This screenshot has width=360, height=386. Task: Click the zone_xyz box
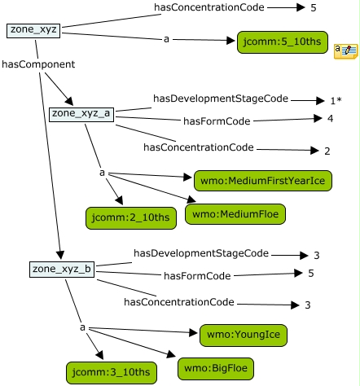coord(33,30)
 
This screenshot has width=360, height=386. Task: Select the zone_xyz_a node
coord(81,114)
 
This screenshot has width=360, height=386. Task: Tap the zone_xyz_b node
coord(62,270)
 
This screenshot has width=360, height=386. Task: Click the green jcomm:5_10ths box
coord(283,42)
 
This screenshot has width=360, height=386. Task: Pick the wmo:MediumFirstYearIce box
coord(263,181)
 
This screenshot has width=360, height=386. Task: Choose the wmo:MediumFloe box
coord(235,214)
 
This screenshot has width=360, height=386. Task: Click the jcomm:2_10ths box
coord(131,218)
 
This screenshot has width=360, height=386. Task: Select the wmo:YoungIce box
coord(244,335)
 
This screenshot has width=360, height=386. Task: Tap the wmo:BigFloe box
coord(216,369)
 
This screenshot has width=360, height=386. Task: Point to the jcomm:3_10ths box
coord(112,372)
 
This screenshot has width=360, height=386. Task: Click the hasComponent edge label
coord(38,64)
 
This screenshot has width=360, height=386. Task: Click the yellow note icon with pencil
coord(346,50)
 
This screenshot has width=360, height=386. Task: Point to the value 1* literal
coord(336,101)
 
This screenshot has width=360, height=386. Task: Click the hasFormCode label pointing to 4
coord(217,121)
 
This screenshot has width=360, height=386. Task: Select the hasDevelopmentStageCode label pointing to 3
coord(201,253)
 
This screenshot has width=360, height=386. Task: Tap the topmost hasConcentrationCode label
coord(209,7)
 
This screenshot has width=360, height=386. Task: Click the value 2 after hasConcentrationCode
coord(327,151)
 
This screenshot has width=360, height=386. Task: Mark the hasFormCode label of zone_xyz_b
coord(197,276)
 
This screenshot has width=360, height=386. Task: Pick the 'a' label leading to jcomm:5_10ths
coord(166,40)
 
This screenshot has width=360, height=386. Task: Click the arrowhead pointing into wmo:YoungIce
coord(193,333)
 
